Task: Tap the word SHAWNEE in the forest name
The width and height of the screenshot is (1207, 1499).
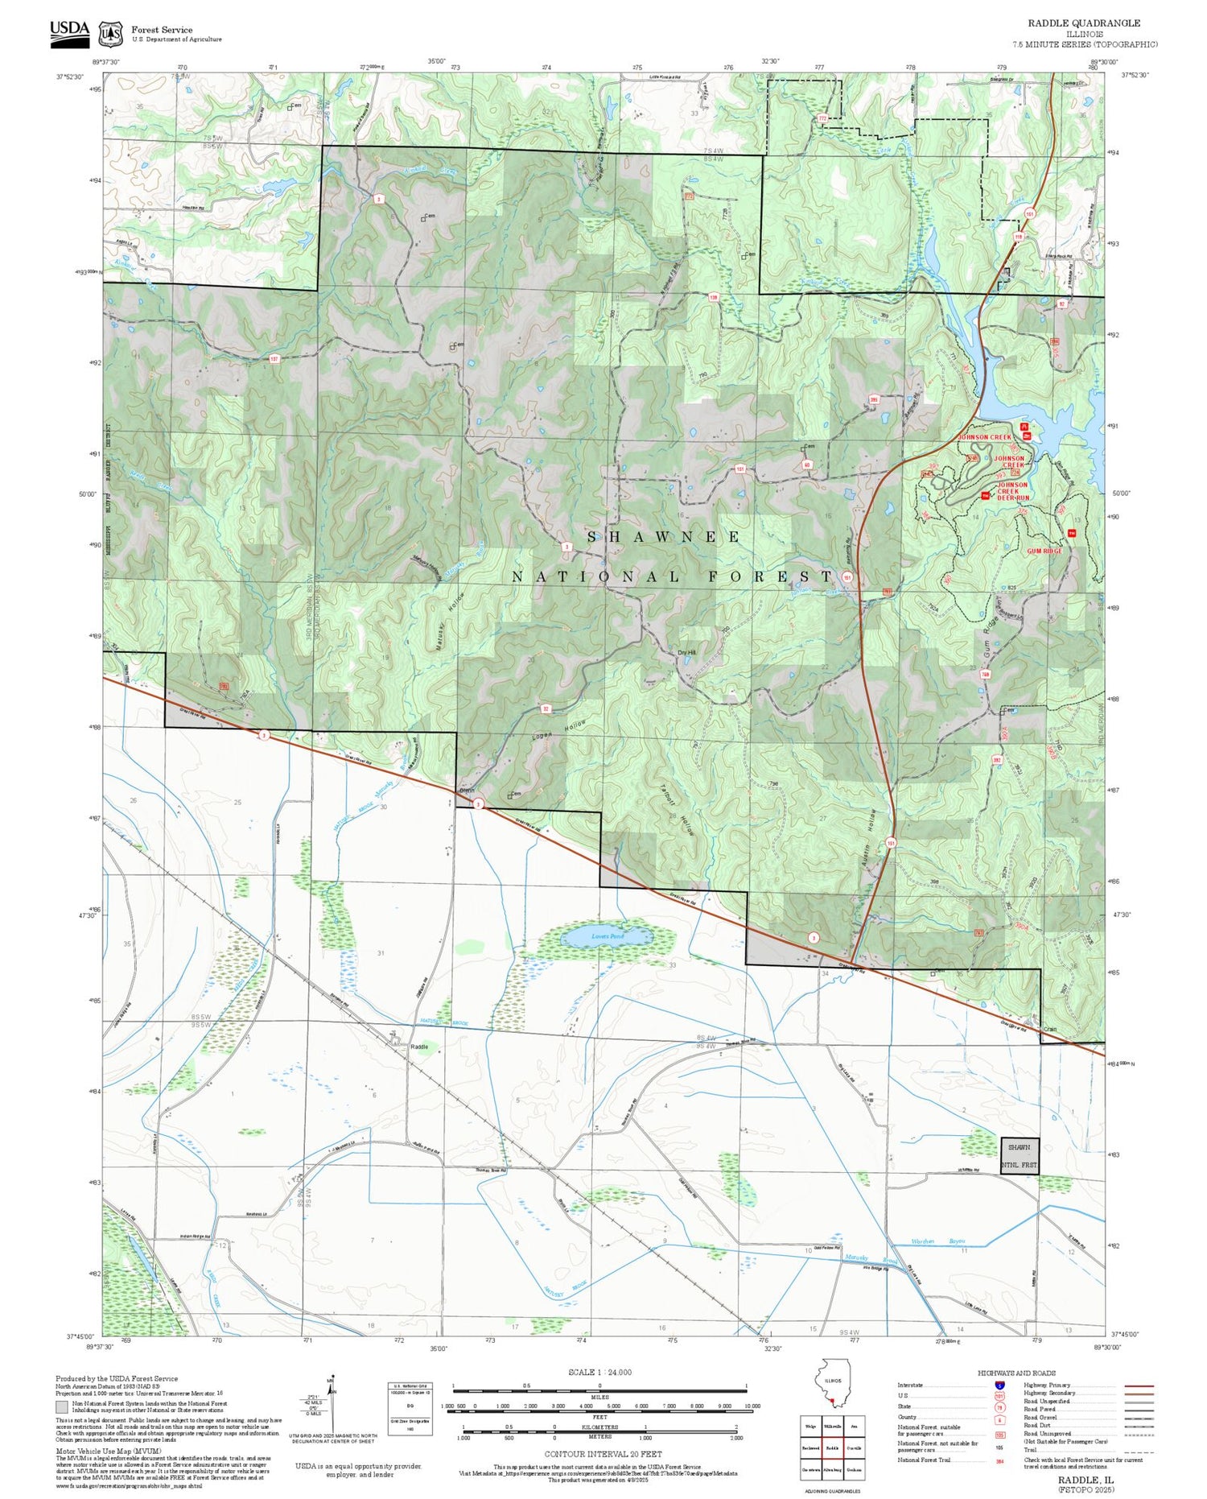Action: tap(665, 537)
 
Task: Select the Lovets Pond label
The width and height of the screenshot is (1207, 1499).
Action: tap(608, 937)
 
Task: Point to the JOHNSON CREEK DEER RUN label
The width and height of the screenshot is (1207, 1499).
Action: tap(1012, 491)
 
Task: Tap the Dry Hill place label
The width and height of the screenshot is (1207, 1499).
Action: tap(686, 653)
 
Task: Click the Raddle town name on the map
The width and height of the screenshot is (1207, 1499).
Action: tap(419, 1047)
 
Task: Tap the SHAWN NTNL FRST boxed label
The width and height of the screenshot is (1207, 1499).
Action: tap(1020, 1156)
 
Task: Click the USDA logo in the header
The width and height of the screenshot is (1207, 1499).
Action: tap(70, 30)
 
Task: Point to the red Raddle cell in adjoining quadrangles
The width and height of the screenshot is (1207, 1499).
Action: tap(832, 1447)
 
